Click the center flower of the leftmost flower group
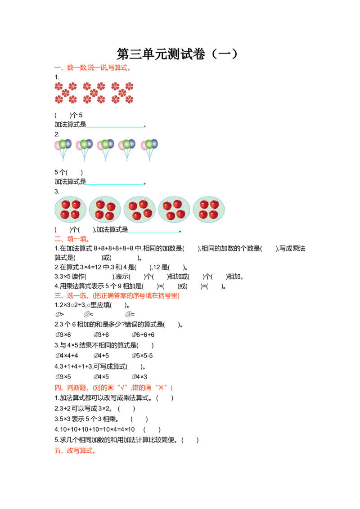66,93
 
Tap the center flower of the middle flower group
94,93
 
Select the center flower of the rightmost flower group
122,93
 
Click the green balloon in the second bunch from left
84,144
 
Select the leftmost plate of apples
70,209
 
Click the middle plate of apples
139,209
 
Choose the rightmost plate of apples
209,209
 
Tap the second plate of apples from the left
105,209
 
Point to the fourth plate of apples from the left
174,209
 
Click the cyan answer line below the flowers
115,128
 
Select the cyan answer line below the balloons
115,185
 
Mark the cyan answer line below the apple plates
154,232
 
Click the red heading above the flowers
92,68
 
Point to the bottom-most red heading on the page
75,451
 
